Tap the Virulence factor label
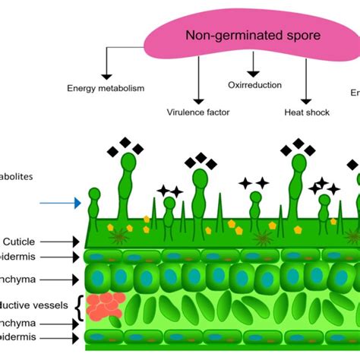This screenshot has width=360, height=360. [x=197, y=113]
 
